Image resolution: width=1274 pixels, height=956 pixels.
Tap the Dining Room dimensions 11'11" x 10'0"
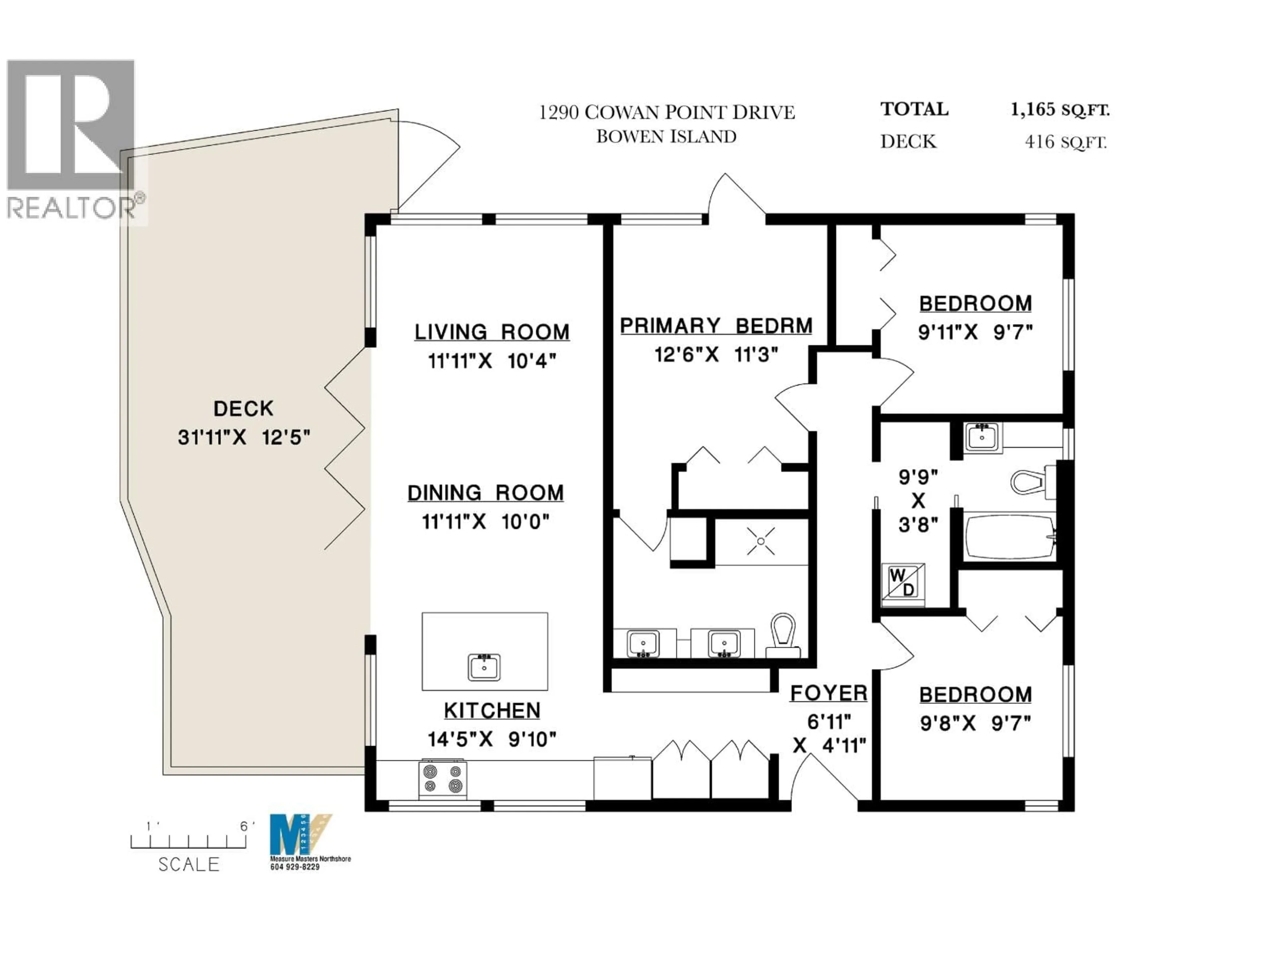coord(485,522)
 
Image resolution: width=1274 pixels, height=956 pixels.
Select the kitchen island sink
coord(484,667)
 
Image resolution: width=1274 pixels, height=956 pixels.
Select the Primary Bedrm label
coord(716,326)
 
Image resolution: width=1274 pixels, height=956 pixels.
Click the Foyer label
coord(828,693)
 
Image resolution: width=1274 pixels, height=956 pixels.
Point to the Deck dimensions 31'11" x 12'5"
coord(244,438)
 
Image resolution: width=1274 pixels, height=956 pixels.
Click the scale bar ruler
coord(188,842)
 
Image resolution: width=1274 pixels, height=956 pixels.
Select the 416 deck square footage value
coord(1039,142)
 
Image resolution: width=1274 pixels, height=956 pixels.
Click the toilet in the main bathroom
coord(1031,481)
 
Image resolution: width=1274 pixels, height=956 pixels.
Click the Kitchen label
coord(492,710)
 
